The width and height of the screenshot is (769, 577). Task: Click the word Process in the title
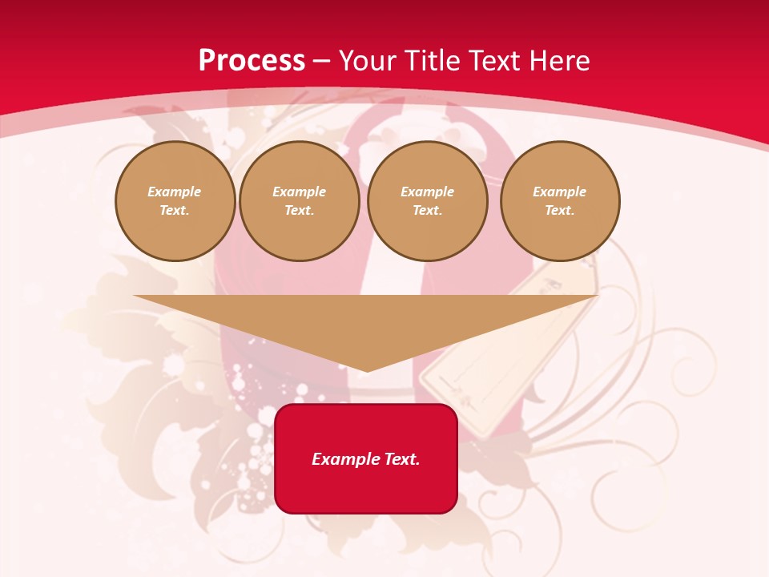pyautogui.click(x=252, y=61)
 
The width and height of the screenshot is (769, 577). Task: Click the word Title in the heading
pyautogui.click(x=433, y=61)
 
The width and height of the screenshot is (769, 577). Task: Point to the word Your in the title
pyautogui.click(x=368, y=61)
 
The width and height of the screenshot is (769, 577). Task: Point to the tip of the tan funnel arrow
pyautogui.click(x=366, y=369)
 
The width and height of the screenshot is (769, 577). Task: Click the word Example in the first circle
pyautogui.click(x=175, y=192)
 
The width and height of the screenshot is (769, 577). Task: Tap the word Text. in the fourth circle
pyautogui.click(x=559, y=210)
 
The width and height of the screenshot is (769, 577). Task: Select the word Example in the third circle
pyautogui.click(x=427, y=192)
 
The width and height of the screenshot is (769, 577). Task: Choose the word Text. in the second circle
pyautogui.click(x=299, y=210)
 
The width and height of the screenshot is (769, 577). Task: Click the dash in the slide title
pyautogui.click(x=322, y=61)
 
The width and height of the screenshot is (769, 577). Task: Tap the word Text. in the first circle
pyautogui.click(x=175, y=210)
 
